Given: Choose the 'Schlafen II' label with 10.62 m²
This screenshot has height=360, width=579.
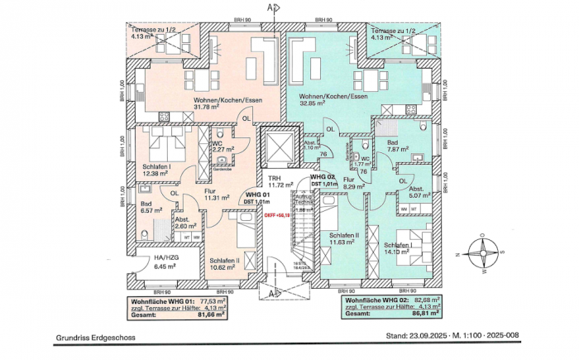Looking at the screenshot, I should [225, 259].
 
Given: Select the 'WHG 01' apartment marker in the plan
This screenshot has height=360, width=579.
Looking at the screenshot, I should [256, 194].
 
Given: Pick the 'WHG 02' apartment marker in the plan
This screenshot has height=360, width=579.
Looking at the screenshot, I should [323, 176].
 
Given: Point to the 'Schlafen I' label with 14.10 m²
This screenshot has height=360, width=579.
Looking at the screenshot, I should [400, 246].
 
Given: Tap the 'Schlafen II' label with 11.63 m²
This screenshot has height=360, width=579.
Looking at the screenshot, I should [343, 236].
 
